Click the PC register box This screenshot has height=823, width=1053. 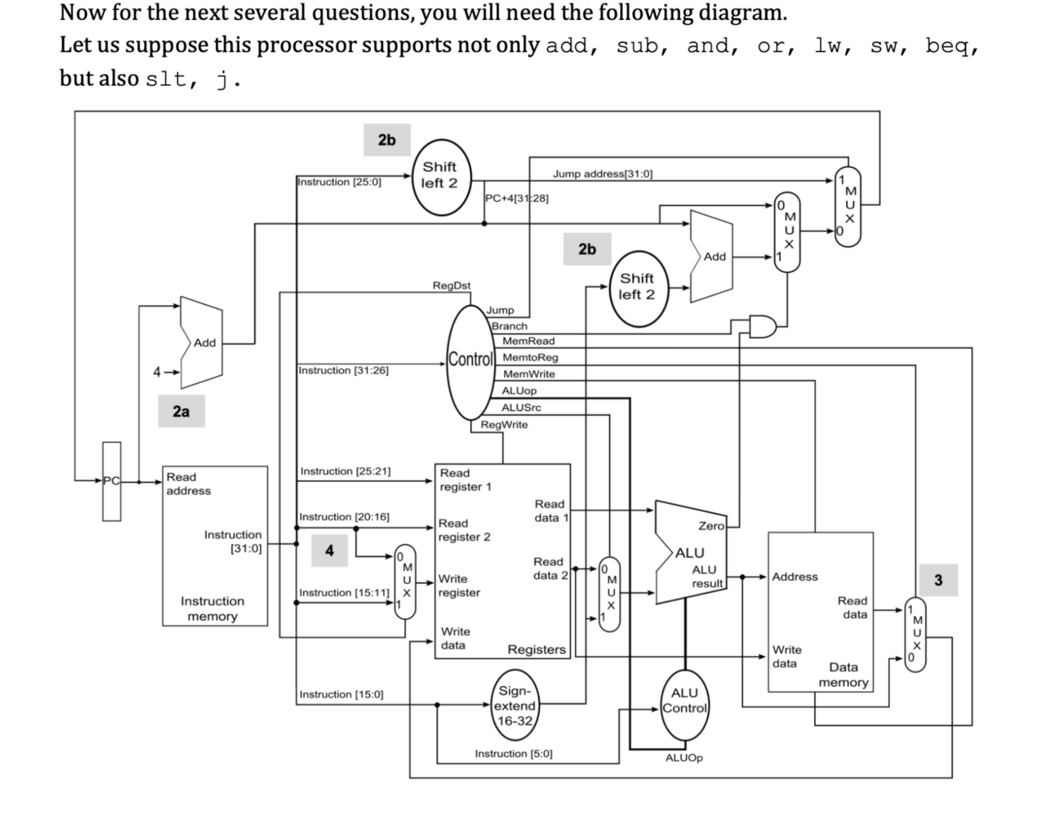(x=112, y=481)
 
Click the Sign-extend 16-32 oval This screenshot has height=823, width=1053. (x=514, y=706)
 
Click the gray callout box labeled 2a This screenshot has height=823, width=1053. (x=181, y=411)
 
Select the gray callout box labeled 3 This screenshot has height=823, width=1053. (x=938, y=580)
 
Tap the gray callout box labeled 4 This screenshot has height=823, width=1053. (x=329, y=550)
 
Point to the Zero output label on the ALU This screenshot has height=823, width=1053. (x=711, y=526)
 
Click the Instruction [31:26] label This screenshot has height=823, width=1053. (x=343, y=370)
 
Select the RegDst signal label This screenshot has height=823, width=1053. (x=451, y=285)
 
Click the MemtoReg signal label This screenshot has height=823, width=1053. (x=530, y=357)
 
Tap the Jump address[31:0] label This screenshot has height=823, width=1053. (x=602, y=174)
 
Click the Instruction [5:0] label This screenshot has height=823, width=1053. (x=513, y=754)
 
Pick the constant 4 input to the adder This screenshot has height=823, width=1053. (x=157, y=372)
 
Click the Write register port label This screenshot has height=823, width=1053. (x=458, y=586)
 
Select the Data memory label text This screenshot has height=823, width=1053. (x=843, y=675)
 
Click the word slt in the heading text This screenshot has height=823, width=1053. (x=165, y=79)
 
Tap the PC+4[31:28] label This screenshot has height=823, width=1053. (x=516, y=198)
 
